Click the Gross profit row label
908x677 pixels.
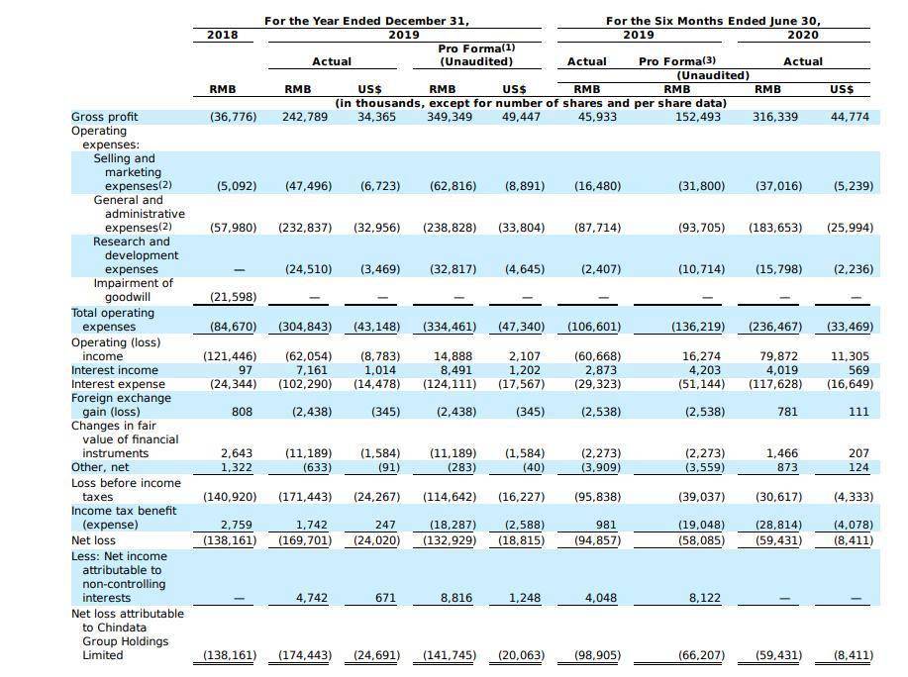click(104, 117)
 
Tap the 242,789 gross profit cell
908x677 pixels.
click(305, 117)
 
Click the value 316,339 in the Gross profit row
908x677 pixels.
click(775, 117)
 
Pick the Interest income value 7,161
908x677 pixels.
click(312, 370)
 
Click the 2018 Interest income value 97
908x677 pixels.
click(246, 370)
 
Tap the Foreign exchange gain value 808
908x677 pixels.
click(242, 412)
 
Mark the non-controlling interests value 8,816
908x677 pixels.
click(456, 598)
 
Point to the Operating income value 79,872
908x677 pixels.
click(779, 356)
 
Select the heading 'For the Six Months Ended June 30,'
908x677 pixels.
click(713, 21)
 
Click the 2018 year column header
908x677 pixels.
click(223, 35)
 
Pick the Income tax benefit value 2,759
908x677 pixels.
click(237, 525)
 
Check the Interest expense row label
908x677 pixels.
click(118, 384)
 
